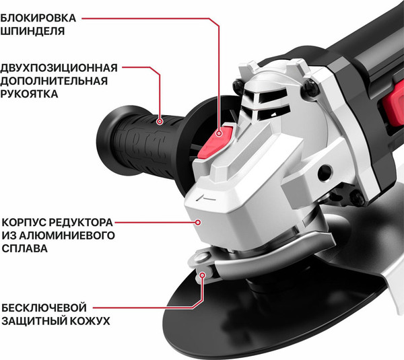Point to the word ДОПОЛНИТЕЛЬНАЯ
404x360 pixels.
coord(55,81)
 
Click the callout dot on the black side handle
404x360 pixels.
coord(160,122)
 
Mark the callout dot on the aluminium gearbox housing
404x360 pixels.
coord(199,221)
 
